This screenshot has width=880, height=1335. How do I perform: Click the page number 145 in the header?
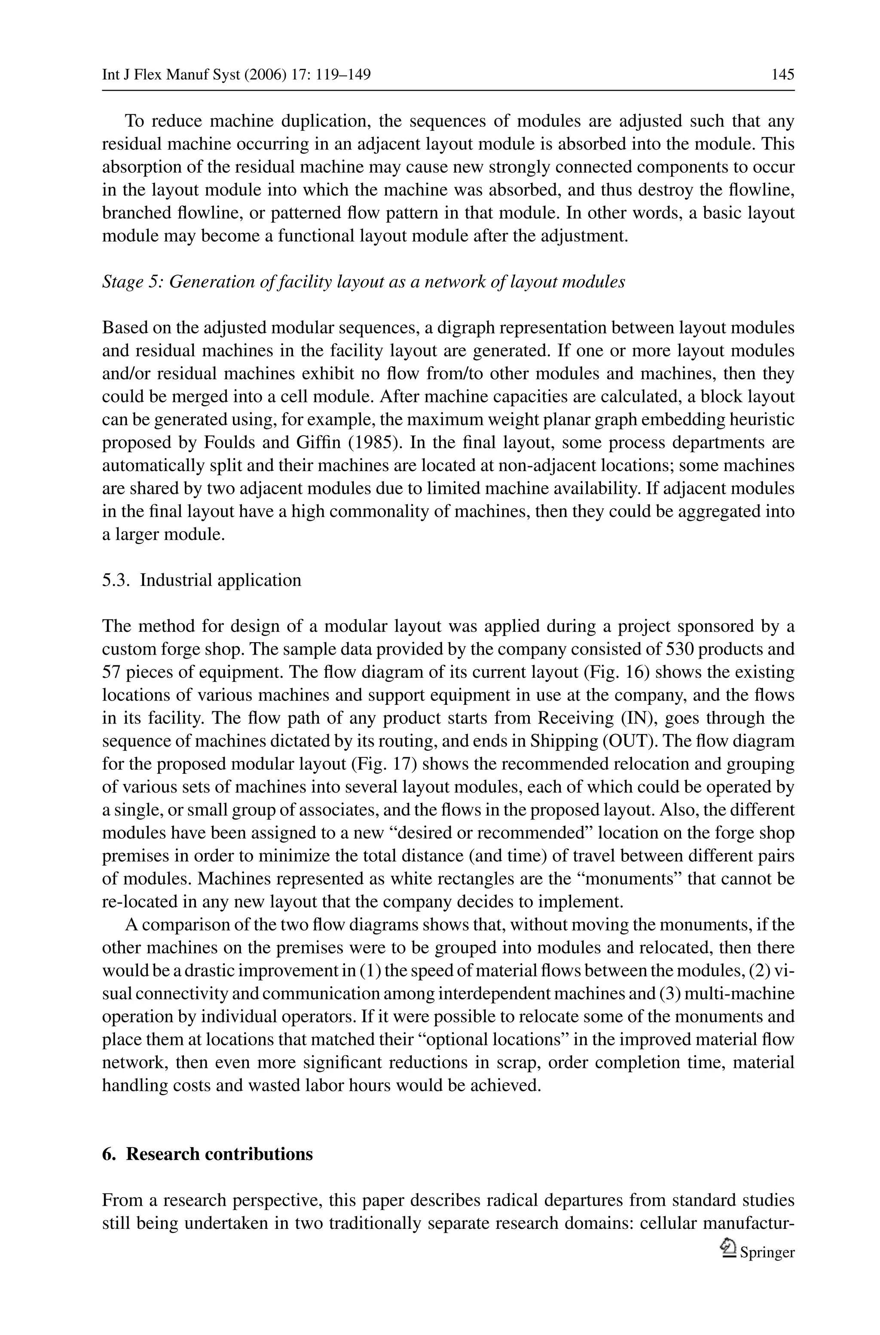point(782,75)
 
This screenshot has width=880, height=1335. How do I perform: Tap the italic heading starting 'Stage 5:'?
point(363,282)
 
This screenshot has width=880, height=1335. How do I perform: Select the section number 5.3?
point(117,580)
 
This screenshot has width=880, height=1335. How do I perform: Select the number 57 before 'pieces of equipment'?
point(112,672)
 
